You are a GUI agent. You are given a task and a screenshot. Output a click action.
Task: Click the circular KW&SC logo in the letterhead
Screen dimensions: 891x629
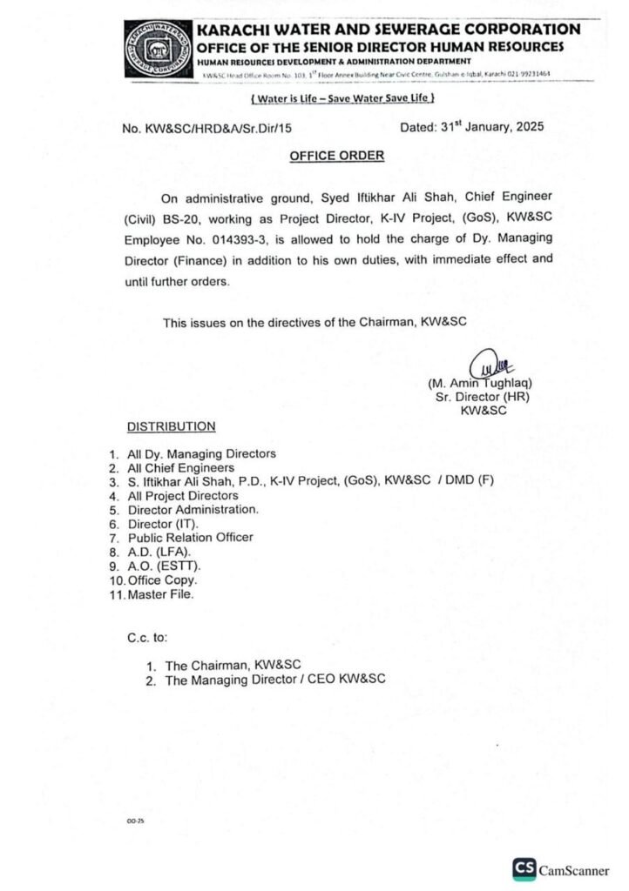(158, 50)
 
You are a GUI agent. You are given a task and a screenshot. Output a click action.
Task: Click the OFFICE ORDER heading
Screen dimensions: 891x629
(336, 155)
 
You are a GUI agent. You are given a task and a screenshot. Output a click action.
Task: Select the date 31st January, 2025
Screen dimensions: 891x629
(471, 127)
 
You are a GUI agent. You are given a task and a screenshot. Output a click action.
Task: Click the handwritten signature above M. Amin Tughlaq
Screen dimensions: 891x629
(485, 361)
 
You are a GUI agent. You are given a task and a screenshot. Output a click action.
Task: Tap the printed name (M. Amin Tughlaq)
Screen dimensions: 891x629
(480, 383)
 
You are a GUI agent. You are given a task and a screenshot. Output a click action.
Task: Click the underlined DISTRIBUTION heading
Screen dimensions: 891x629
(171, 426)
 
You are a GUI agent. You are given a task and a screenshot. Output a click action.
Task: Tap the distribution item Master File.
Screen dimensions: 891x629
(160, 594)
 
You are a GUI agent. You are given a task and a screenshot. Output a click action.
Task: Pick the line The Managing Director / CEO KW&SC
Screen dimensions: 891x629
(275, 680)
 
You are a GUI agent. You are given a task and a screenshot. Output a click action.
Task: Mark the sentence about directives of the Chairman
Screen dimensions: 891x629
(314, 322)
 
